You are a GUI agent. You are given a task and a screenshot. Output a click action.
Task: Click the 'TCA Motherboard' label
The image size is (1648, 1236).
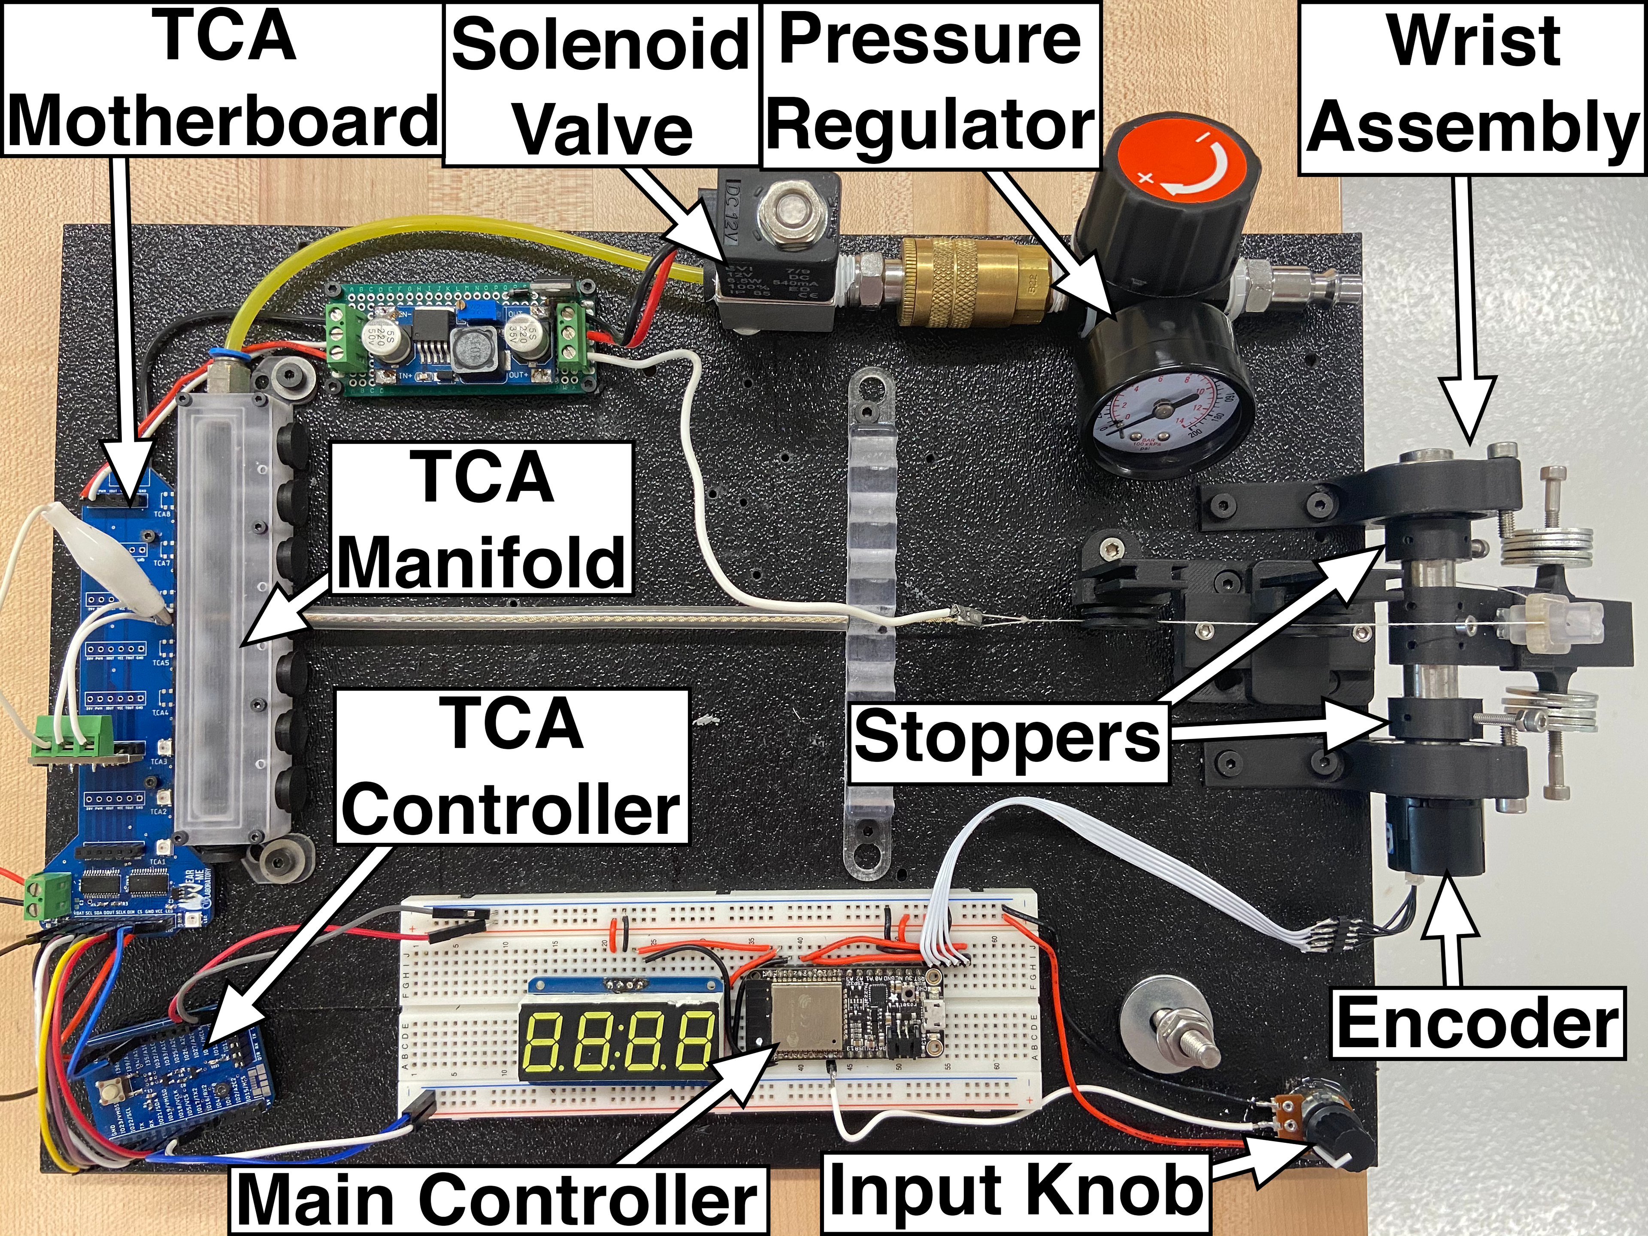[222, 78]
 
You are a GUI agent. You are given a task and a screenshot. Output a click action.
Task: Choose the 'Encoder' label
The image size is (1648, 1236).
[1477, 1023]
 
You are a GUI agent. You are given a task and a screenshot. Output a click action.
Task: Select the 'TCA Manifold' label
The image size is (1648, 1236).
[483, 518]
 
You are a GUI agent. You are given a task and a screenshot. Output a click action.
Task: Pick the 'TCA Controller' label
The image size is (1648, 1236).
[512, 766]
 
